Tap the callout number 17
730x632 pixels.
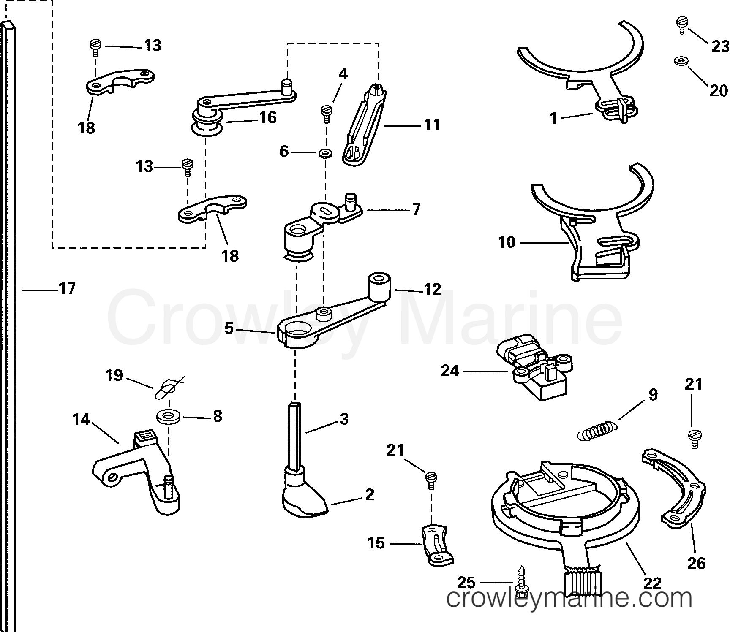[67, 289]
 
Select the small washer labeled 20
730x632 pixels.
[680, 61]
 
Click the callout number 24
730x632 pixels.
[449, 371]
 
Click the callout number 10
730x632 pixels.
[507, 242]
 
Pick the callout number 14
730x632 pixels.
[81, 419]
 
